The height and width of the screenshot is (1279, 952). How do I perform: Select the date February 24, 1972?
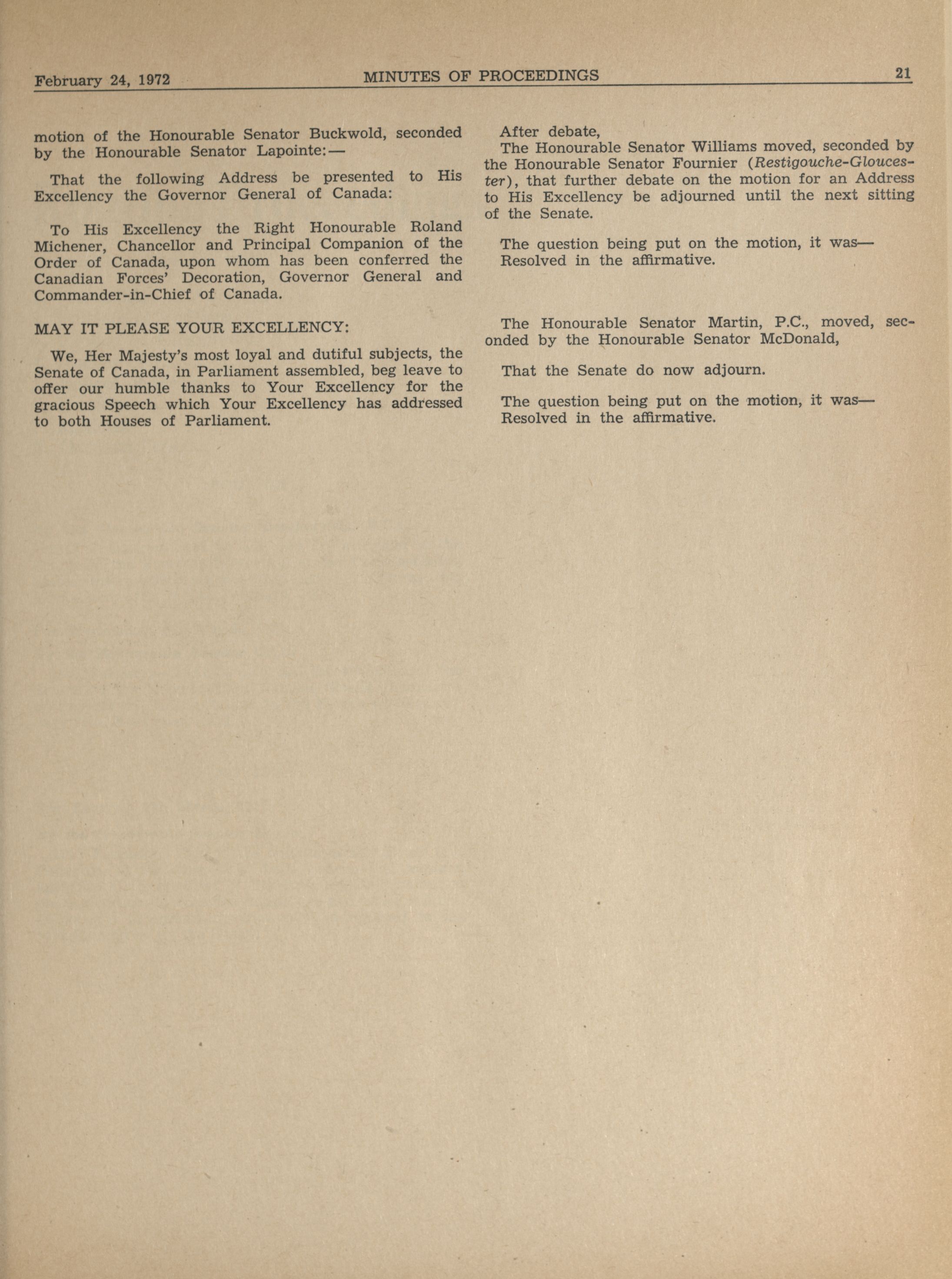point(102,80)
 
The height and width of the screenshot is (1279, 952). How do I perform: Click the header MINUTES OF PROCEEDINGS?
point(481,76)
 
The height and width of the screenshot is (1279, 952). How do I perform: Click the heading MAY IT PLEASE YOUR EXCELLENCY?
point(191,329)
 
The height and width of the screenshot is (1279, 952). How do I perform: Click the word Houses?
point(126,421)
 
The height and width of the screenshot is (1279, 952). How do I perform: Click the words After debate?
point(550,131)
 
